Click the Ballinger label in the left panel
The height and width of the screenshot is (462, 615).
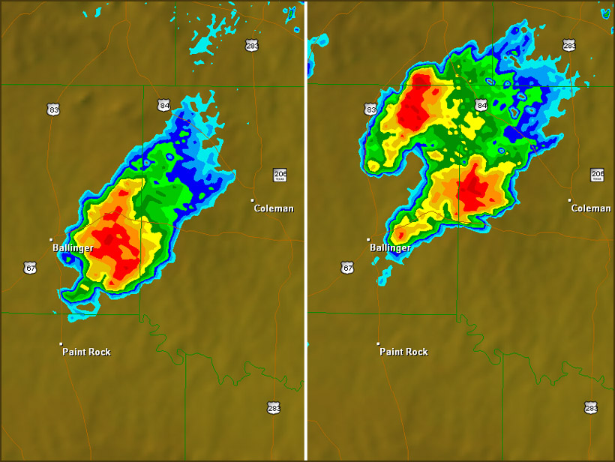73,248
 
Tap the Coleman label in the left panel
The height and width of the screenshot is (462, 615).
274,208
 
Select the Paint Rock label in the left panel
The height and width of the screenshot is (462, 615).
86,352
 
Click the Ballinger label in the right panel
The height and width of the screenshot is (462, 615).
390,248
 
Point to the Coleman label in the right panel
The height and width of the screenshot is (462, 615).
591,208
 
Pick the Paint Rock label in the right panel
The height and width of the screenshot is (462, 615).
403,352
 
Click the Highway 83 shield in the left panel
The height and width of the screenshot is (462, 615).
53,110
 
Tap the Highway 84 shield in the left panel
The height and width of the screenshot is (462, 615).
163,105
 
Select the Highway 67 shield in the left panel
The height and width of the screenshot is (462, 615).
30,268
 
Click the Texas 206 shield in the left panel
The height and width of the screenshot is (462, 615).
280,175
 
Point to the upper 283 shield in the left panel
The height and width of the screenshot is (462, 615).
252,46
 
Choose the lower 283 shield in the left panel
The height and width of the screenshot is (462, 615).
274,407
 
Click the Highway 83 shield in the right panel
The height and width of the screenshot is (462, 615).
370,110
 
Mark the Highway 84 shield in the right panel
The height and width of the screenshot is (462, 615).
481,105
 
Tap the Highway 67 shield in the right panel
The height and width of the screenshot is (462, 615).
347,268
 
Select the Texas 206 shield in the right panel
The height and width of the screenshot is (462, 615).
597,175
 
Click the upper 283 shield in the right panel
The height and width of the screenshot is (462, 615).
569,46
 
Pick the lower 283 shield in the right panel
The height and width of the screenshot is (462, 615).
591,407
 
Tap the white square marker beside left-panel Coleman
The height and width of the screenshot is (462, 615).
253,200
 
